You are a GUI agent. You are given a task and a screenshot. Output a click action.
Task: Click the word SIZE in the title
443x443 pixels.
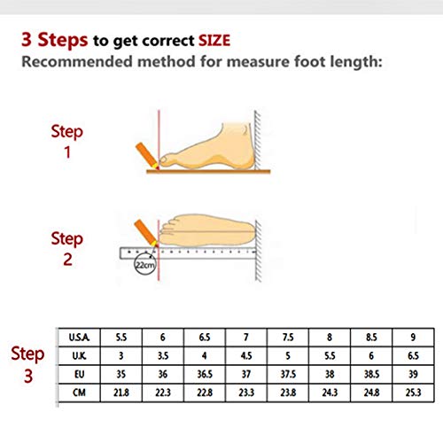(214, 41)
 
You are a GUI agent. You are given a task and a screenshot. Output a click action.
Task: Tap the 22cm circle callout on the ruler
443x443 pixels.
(144, 265)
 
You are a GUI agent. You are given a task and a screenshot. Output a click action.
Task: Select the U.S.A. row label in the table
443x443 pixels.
(79, 338)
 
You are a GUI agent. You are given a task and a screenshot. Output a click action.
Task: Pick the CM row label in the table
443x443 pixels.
(79, 392)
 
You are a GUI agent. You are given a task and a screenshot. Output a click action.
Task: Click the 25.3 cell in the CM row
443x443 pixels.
(413, 392)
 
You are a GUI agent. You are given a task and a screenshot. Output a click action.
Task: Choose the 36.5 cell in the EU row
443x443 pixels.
(205, 374)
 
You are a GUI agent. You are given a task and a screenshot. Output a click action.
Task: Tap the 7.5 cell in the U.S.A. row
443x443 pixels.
(288, 338)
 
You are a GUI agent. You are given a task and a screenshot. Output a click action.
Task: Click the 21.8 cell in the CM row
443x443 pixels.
(121, 392)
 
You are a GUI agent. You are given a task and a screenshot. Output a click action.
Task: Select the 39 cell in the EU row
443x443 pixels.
(413, 374)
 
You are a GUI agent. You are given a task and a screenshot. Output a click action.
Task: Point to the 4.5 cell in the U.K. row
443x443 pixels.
(246, 356)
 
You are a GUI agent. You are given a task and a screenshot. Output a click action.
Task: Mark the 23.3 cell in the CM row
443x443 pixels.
(246, 392)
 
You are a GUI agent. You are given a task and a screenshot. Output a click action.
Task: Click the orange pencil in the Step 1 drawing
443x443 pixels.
(148, 156)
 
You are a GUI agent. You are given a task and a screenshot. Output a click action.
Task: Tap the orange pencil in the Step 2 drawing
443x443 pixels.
(146, 233)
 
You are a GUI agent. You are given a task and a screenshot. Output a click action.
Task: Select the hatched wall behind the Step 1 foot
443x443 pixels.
(258, 141)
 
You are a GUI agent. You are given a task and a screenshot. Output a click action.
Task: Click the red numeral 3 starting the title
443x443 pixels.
(27, 40)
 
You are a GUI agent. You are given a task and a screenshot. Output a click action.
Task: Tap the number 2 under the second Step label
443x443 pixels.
(67, 260)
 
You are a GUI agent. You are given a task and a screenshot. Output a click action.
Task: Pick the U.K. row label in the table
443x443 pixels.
(79, 356)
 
